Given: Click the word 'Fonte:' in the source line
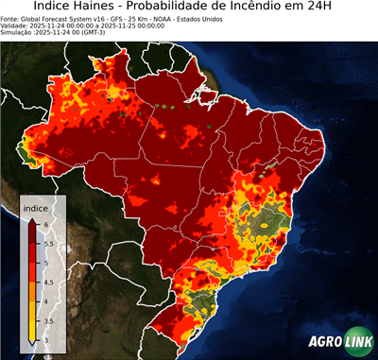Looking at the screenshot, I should pyautogui.click(x=10, y=17).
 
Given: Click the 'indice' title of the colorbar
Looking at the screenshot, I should pyautogui.click(x=35, y=207).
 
